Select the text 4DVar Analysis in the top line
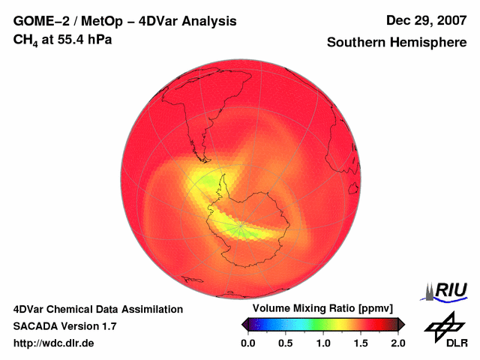[188, 21]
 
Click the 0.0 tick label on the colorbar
[248, 343]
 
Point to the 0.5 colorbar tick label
[286, 343]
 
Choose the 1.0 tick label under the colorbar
[323, 343]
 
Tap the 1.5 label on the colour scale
[361, 343]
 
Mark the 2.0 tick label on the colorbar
[397, 343]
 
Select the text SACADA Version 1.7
[64, 326]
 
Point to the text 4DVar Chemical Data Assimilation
[98, 309]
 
